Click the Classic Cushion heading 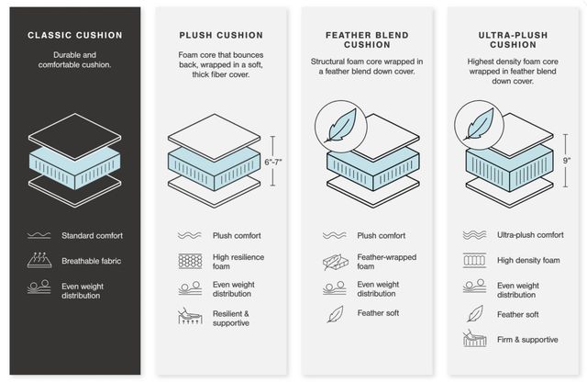tap(75, 35)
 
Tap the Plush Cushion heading tap(221, 35)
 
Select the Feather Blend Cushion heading tap(367, 39)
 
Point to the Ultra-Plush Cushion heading tap(513, 39)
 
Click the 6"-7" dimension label tap(273, 162)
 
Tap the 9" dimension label tap(567, 161)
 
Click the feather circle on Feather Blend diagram tap(340, 127)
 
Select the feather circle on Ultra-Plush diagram tap(479, 125)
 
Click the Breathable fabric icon tap(39, 260)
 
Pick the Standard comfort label tap(92, 236)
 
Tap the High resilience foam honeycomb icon tap(190, 261)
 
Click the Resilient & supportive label tap(231, 318)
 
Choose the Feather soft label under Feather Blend tap(378, 313)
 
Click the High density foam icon tap(474, 260)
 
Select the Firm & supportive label tap(527, 340)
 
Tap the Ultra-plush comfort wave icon tap(474, 235)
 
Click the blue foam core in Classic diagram tap(75, 168)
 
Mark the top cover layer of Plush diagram tap(214, 138)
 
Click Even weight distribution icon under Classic tap(39, 287)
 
